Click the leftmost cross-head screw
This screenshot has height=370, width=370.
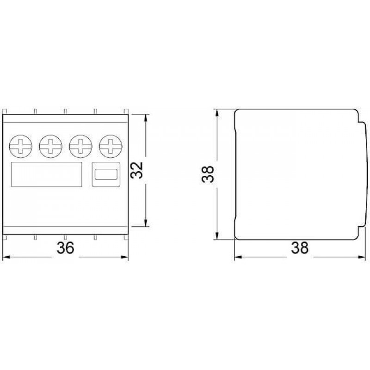pos(20,146)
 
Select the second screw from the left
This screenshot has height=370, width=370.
pos(50,146)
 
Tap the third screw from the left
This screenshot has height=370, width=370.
pos(80,146)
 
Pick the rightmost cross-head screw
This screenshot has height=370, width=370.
pos(111,146)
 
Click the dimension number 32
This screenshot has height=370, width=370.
pos(137,170)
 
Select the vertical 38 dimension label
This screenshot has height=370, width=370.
pos(208,174)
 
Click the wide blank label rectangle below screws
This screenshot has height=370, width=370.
pos(47,174)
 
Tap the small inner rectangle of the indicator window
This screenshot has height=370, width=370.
pos(106,174)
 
